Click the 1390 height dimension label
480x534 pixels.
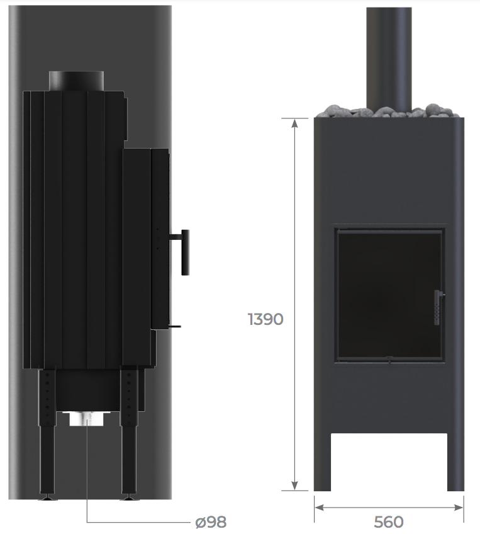tap(265, 319)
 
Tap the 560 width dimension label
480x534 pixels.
tap(389, 521)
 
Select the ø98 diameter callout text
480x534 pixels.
tap(211, 522)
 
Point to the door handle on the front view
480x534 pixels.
tap(438, 307)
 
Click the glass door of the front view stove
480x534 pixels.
tap(389, 295)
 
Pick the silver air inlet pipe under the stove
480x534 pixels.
tap(86, 419)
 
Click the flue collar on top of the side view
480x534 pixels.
tap(76, 81)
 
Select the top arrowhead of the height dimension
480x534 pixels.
tap(294, 123)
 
